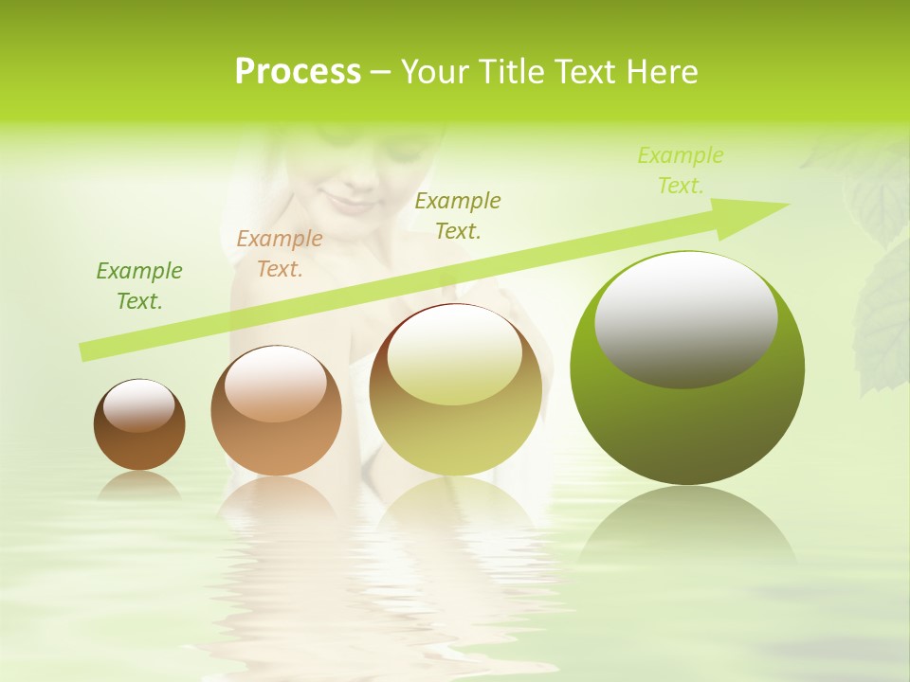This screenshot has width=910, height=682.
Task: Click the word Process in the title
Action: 298,71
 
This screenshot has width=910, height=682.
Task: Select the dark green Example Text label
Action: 139,286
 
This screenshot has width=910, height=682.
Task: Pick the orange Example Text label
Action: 279,254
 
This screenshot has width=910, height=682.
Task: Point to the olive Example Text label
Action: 458,215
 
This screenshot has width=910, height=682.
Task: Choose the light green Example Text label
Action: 680,170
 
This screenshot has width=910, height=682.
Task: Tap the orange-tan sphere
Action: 276,445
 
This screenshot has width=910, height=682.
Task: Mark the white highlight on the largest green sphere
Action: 686,319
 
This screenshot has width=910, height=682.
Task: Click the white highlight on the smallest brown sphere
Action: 139,406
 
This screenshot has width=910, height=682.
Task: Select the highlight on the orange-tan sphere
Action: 275,384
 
